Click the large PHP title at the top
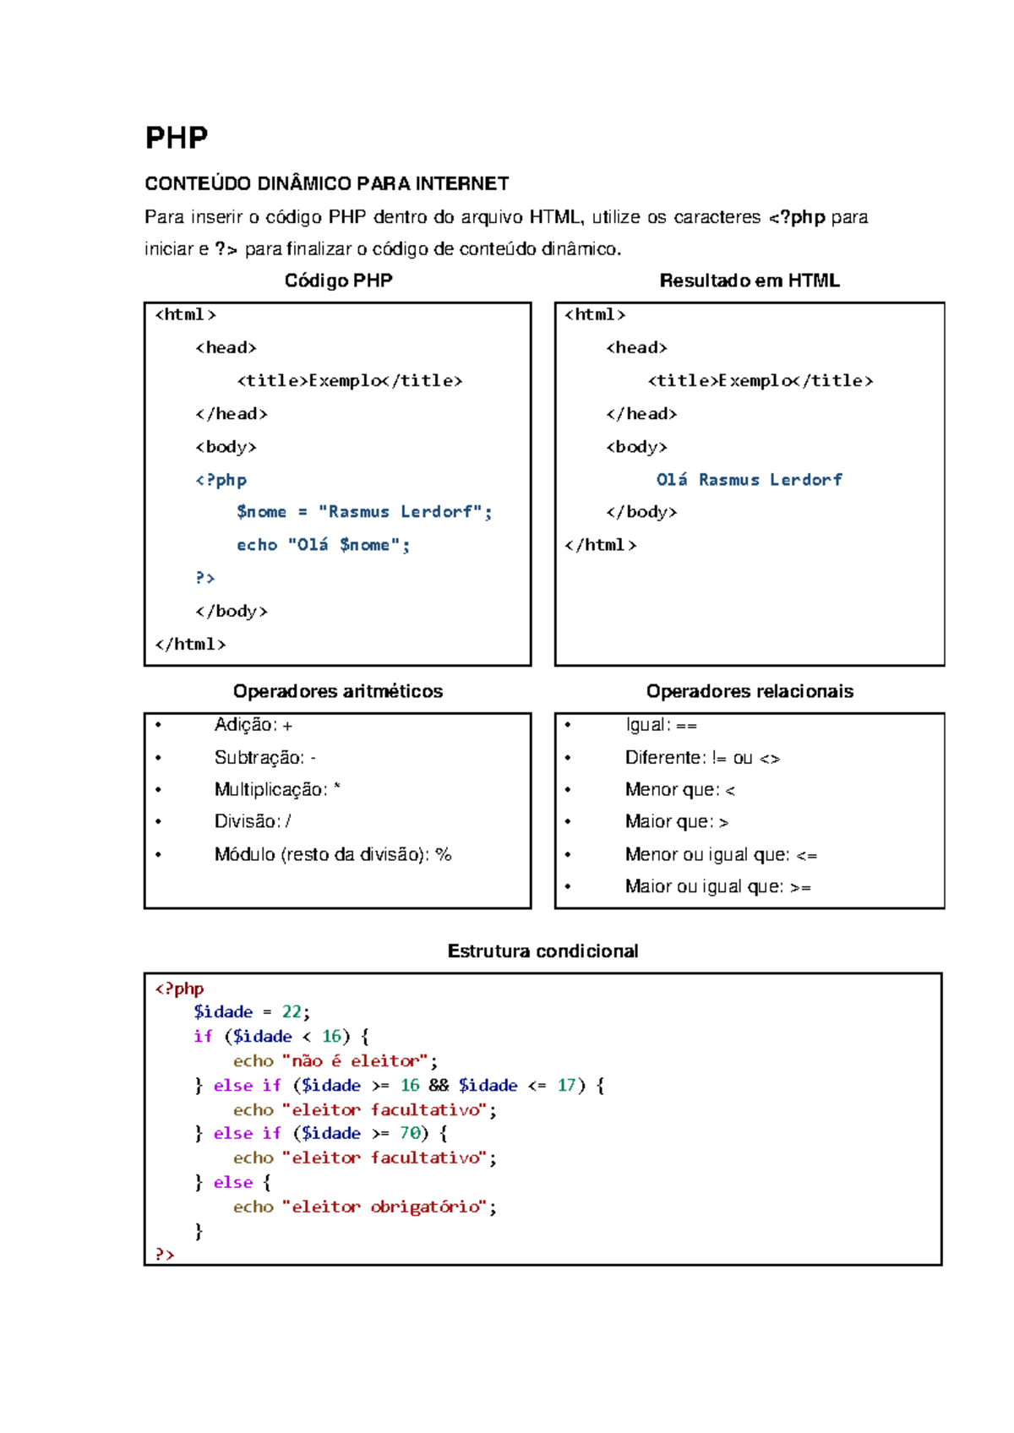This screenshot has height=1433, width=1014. (x=176, y=138)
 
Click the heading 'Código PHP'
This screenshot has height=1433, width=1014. (x=338, y=281)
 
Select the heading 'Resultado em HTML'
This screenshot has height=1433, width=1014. (x=749, y=281)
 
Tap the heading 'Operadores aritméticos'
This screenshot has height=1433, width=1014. (x=337, y=691)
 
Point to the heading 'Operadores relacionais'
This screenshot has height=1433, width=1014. (x=750, y=691)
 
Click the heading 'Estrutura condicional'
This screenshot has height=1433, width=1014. (x=542, y=951)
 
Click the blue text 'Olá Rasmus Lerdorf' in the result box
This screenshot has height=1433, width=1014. (x=749, y=480)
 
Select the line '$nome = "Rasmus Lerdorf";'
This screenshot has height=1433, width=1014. (x=363, y=512)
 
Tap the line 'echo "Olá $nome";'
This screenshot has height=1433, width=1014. (x=323, y=545)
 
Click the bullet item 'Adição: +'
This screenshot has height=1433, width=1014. (x=253, y=725)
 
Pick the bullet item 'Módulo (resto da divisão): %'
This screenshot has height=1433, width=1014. (x=332, y=854)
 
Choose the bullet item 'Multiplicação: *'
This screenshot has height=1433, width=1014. (x=276, y=789)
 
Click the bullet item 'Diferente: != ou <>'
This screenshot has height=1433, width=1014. (x=701, y=758)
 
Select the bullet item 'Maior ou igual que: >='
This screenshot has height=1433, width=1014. (x=717, y=886)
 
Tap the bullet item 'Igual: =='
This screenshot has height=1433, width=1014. (x=661, y=725)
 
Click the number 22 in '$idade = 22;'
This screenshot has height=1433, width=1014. (x=292, y=1012)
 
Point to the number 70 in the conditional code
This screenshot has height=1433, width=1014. (x=410, y=1133)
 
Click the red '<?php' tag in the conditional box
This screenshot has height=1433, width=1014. (x=179, y=989)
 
